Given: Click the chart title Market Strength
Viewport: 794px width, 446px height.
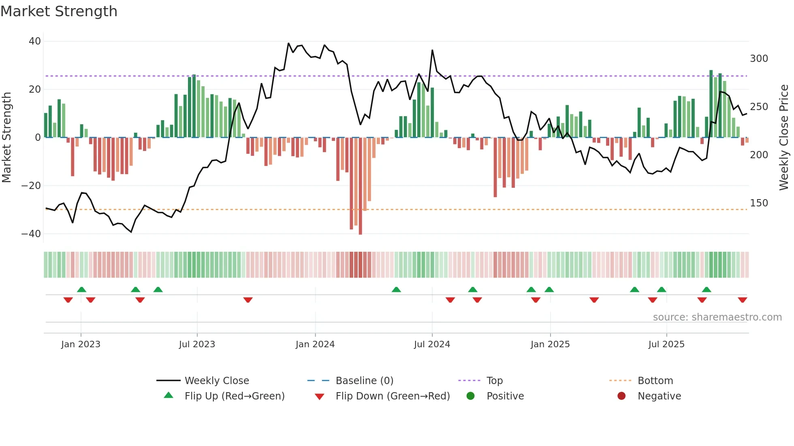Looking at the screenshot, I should (59, 11).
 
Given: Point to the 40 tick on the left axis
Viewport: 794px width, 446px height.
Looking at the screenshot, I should (34, 41).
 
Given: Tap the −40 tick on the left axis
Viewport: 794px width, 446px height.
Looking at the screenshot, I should (31, 234).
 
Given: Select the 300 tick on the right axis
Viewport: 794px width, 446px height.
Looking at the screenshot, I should (759, 59).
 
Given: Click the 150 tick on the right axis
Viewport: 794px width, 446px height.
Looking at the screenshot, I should (759, 203).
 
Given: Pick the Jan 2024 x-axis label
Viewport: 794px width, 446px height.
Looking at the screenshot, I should (315, 344).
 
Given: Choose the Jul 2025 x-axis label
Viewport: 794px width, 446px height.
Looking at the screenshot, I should (666, 344).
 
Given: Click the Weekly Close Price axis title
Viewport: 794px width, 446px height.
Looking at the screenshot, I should (784, 138).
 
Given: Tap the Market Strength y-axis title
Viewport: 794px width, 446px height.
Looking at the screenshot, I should (7, 138).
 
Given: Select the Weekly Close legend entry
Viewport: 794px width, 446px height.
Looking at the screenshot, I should (216, 381).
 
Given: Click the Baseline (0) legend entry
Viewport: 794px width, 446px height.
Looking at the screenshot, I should (364, 381).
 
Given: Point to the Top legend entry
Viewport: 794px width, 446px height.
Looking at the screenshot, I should (494, 381).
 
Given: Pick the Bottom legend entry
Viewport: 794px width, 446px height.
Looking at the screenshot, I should (655, 381).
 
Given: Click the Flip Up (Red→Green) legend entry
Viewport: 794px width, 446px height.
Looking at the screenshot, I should (234, 396).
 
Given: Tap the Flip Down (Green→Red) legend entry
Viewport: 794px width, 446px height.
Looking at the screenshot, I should (393, 396).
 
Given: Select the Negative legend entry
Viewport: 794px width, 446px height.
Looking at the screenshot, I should (659, 396).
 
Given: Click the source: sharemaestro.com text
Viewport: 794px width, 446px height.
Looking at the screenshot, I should (717, 317).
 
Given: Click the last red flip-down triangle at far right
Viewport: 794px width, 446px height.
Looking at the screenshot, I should (742, 300).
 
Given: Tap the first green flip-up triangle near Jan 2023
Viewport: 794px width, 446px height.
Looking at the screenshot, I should (81, 290).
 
